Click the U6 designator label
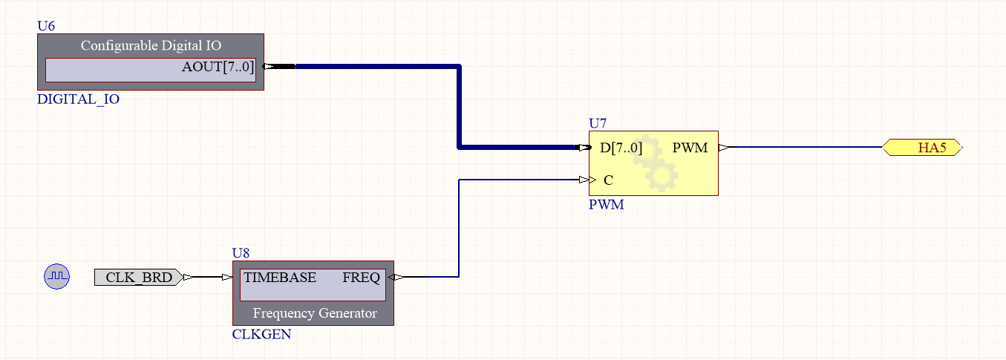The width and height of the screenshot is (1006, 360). coord(46,26)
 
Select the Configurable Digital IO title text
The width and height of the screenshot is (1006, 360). coord(151,45)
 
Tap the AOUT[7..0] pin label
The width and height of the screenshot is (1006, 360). coord(218,68)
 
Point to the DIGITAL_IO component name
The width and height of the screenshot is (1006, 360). coord(78,99)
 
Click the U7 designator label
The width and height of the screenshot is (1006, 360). coord(598,122)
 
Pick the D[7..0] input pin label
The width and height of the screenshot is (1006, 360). coord(621,148)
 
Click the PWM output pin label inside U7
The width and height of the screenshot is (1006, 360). coord(690,148)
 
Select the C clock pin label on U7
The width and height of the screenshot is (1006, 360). coord(608,180)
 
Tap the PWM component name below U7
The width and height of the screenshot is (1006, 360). coord(606,204)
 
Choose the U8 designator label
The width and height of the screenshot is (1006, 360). coord(241,253)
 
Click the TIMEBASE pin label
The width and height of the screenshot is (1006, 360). coord(280,278)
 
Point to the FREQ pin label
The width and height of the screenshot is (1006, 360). coord(361,278)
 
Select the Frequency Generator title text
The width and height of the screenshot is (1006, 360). coord(315,313)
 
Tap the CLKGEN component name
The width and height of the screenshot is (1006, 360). coord(261,334)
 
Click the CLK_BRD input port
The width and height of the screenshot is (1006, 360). coord(138,278)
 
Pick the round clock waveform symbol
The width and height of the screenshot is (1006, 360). coord(56,277)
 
